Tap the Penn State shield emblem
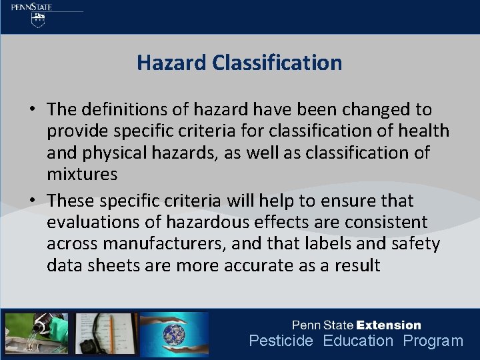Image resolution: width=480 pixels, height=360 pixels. (39, 21)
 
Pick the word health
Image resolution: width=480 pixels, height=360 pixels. (421, 131)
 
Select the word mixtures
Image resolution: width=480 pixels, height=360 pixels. (82, 175)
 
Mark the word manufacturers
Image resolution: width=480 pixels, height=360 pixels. (169, 244)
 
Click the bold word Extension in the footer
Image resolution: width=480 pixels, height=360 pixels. (389, 325)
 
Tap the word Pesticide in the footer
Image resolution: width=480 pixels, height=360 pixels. (281, 341)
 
